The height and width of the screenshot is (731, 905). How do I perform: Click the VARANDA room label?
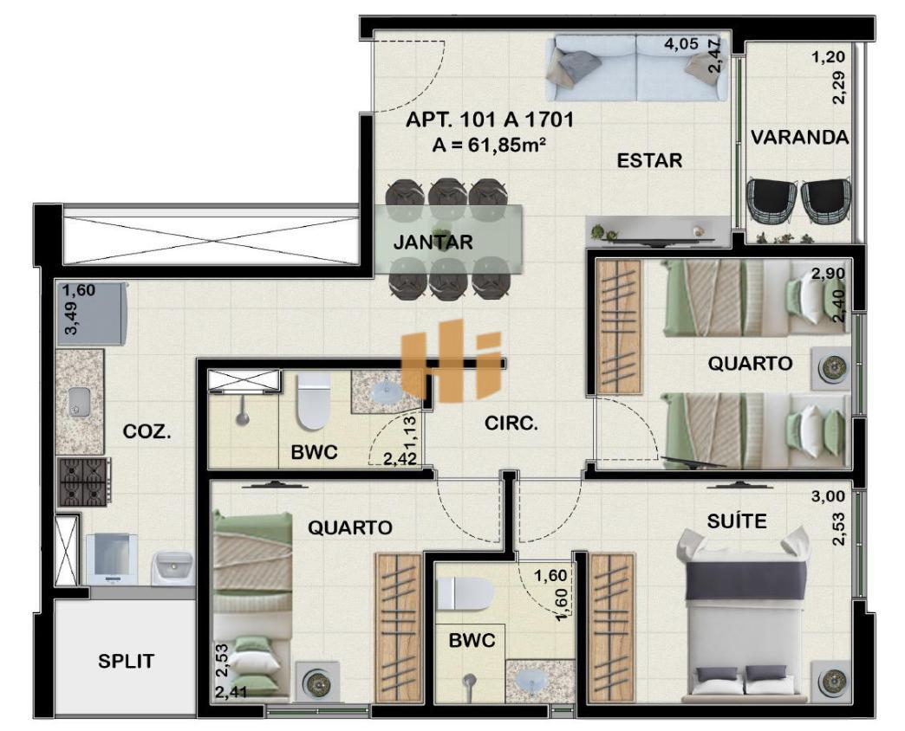(x=800, y=137)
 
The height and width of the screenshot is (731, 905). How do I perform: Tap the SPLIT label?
(x=126, y=661)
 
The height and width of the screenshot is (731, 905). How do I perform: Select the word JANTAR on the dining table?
(x=433, y=243)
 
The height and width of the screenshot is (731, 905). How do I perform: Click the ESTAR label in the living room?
(x=649, y=159)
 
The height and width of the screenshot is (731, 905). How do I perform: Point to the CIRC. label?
(x=511, y=424)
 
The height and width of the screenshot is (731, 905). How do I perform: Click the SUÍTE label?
(x=737, y=521)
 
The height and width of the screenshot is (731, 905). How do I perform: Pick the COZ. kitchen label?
(x=146, y=431)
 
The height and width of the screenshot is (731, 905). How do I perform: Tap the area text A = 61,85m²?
(x=490, y=144)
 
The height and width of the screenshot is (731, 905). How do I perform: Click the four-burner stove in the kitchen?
(x=85, y=482)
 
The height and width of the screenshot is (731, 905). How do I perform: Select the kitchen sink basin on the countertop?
(x=78, y=401)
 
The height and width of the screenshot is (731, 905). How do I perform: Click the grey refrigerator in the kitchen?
(x=93, y=314)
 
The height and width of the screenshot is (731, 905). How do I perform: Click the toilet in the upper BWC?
(x=313, y=400)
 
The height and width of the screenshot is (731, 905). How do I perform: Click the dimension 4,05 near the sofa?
(x=681, y=44)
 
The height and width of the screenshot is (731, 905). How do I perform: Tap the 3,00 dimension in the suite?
(x=828, y=496)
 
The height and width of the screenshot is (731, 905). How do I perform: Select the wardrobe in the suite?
(x=611, y=628)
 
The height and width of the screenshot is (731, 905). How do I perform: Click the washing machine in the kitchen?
(x=112, y=559)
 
